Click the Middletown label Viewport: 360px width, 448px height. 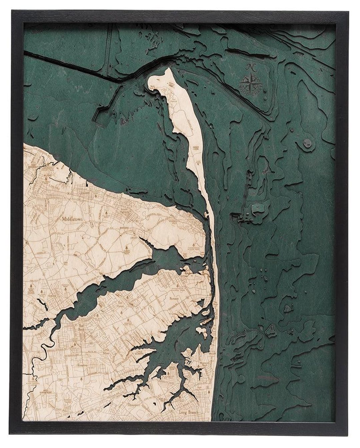[x=74, y=219]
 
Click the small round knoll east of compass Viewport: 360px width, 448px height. [x=306, y=143]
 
